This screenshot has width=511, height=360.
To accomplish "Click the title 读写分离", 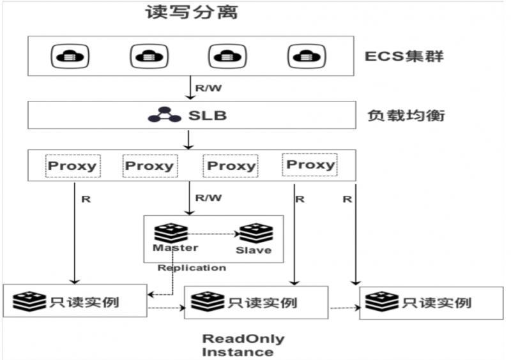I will (192, 13).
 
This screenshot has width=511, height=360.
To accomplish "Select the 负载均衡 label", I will (406, 116).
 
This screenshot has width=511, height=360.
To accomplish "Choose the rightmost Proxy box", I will (310, 165).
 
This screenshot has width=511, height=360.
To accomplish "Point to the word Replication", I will (192, 267).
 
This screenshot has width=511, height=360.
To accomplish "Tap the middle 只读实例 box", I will (256, 302).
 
